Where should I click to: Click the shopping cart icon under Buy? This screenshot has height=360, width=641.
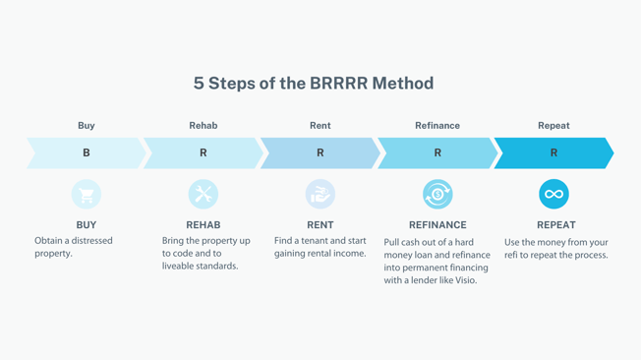coord(87,194)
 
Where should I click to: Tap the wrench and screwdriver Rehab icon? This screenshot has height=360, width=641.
coord(204,194)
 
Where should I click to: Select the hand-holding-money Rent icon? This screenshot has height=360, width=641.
coord(320,194)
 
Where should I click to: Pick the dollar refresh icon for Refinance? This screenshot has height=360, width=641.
coord(437,194)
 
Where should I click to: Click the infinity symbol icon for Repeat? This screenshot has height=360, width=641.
coord(554,194)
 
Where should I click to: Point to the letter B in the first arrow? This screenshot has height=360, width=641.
coord(87,153)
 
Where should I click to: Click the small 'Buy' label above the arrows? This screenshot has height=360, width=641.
coord(87,126)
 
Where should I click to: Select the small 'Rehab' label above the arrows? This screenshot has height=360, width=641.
coord(204,126)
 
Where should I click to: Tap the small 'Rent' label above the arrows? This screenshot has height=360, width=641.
coord(320,126)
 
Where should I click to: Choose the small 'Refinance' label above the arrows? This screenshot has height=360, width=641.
coord(437,126)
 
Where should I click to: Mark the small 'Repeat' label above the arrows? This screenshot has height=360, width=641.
coord(554,126)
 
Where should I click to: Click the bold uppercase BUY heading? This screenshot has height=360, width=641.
coord(87,225)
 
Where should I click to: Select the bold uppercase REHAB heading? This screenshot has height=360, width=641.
coord(204,225)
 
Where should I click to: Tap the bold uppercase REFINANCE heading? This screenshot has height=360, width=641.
coord(437,225)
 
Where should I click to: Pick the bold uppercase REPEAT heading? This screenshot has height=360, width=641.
coord(556,225)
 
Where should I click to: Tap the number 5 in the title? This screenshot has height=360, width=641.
coord(200,84)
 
